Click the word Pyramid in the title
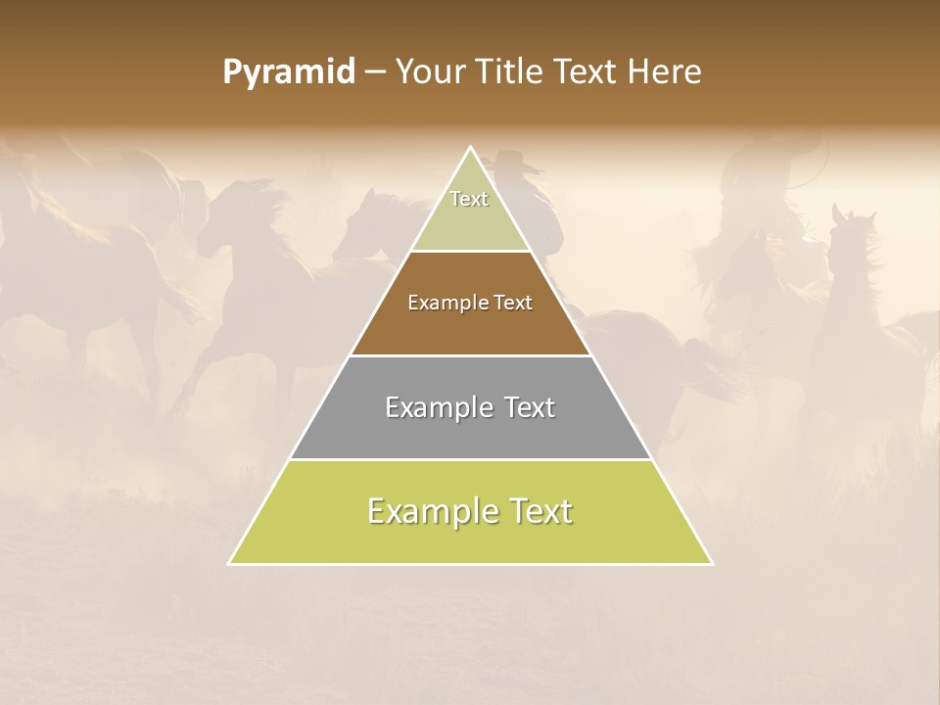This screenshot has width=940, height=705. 288,72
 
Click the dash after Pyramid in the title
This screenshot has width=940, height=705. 374,73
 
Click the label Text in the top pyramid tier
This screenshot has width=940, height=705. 469,199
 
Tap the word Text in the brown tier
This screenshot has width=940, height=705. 513,303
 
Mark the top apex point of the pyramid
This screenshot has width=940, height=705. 471,147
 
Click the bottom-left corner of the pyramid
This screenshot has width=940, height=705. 229,564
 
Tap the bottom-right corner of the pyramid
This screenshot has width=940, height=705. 712,564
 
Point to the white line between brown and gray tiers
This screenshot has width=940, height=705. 471,355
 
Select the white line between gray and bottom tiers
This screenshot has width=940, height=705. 471,459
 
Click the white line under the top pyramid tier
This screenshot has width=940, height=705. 471,252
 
